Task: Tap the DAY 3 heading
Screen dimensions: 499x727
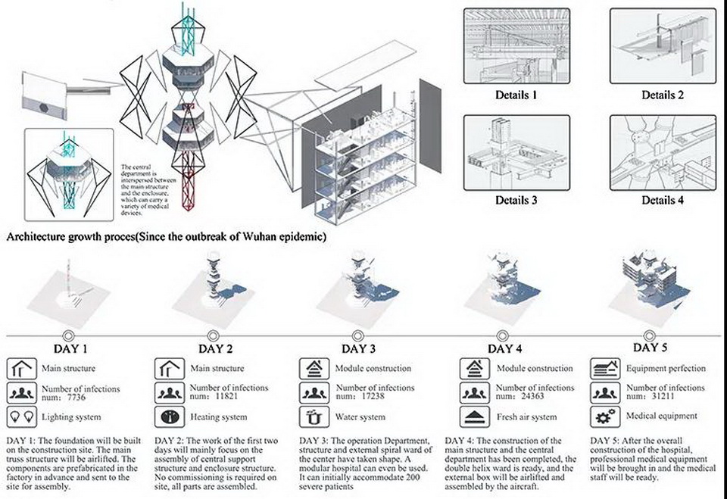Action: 358,349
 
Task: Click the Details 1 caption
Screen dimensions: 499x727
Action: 516,95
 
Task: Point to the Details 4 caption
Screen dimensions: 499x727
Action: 663,201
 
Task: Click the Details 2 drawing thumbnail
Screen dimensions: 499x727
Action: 662,46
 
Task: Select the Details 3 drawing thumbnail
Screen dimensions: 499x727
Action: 516,151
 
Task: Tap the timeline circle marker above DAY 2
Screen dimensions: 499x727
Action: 216,335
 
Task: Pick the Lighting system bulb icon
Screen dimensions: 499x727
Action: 20,416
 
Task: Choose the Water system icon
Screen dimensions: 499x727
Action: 313,416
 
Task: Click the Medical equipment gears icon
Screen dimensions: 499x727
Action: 604,416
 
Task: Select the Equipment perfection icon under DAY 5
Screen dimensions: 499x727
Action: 604,369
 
